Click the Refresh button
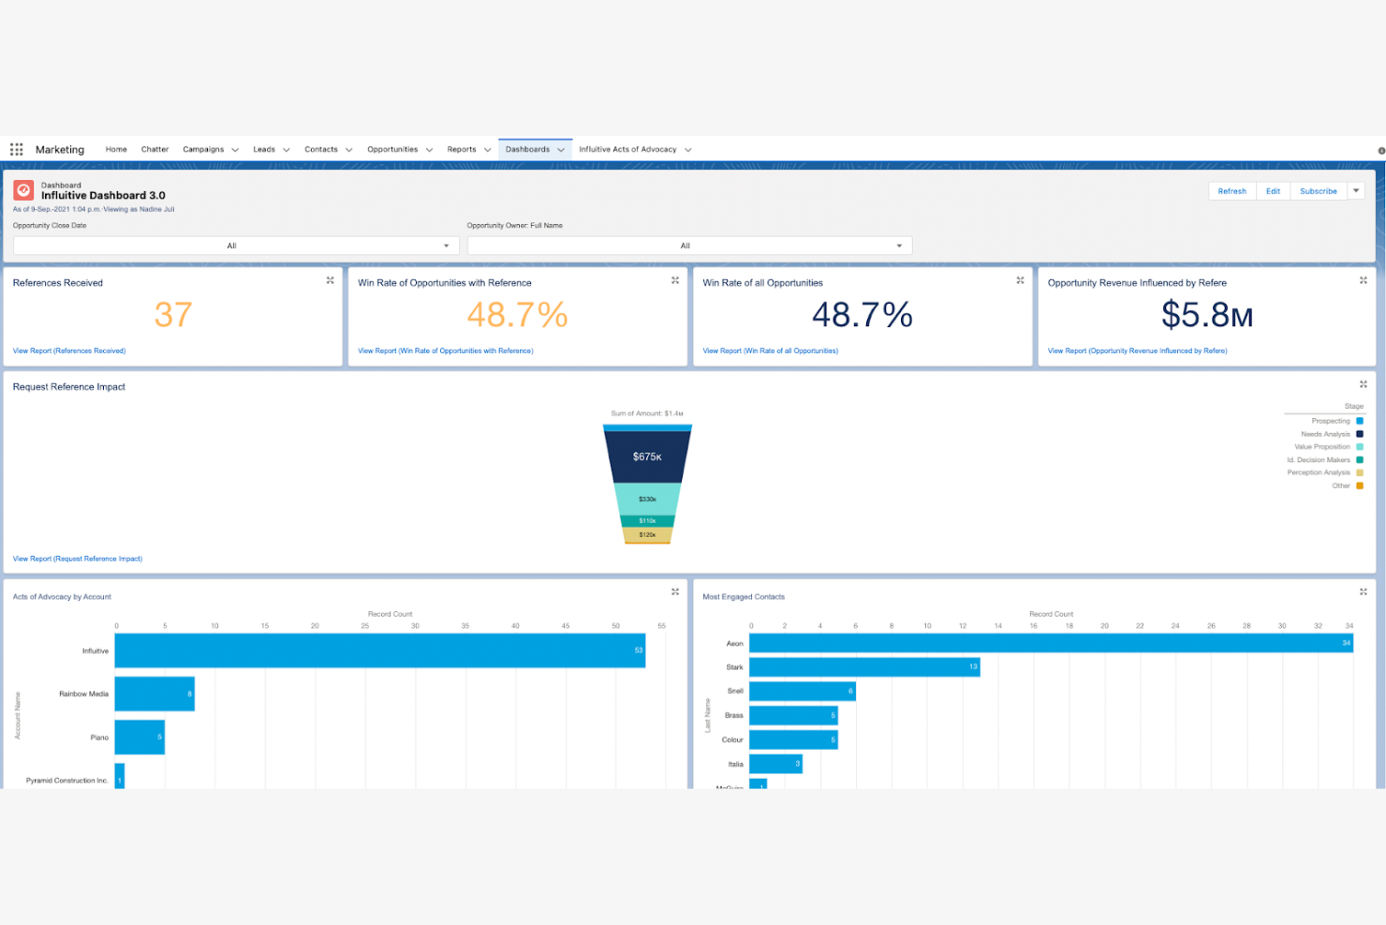tap(1231, 191)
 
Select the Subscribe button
tap(1318, 191)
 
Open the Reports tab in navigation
tap(462, 150)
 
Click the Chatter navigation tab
tap(155, 150)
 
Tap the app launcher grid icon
tap(17, 150)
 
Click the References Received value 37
tap(173, 315)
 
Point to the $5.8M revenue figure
tap(1206, 315)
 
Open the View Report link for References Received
tap(69, 351)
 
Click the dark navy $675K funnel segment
tap(647, 456)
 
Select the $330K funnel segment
tap(647, 499)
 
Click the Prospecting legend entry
tap(1331, 422)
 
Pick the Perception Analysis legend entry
tap(1319, 473)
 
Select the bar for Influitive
tap(379, 650)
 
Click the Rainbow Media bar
tap(155, 694)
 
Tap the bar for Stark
tap(863, 667)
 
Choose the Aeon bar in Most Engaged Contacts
tap(1051, 643)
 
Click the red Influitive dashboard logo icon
tap(23, 191)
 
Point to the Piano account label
tap(99, 738)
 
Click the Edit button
tap(1273, 191)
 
